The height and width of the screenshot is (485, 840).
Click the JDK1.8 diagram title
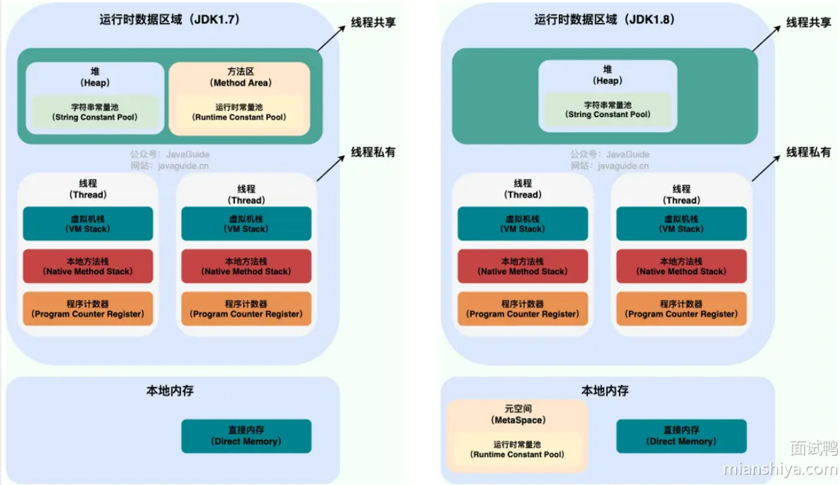coord(604,19)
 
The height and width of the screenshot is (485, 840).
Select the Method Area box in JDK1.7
coord(239,77)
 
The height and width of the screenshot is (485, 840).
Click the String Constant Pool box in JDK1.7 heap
coord(95,112)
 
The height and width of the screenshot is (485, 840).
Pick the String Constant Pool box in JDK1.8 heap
coord(607,110)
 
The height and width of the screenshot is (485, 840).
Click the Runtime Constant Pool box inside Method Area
coord(239,112)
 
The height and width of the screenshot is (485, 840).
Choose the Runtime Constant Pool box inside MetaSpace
coord(517,449)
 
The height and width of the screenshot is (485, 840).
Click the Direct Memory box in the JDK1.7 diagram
coord(246,435)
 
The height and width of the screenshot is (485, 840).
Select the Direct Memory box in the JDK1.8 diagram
coord(681,435)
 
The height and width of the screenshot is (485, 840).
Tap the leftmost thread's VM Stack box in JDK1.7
coord(88,223)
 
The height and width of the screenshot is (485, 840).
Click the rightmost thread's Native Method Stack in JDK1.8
coord(681,266)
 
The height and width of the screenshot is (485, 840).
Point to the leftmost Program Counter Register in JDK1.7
coord(88,309)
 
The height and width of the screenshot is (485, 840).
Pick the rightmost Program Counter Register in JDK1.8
coord(681,309)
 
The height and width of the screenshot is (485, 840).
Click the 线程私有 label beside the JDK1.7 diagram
coord(374,152)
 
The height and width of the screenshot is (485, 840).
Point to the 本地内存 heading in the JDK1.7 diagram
coord(170,391)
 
